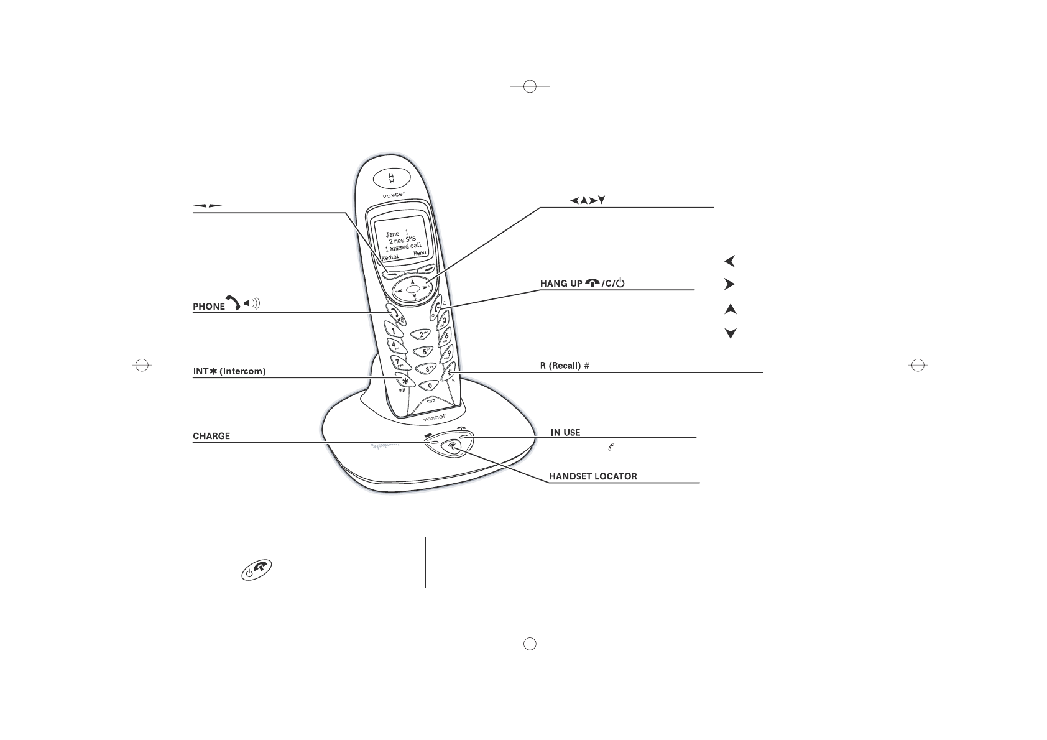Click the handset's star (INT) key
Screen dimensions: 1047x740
click(x=405, y=381)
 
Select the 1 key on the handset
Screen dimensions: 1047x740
click(x=394, y=331)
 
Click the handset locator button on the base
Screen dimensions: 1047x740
click(x=452, y=446)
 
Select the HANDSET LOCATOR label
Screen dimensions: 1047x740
click(x=593, y=477)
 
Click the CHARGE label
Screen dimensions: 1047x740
click(x=211, y=436)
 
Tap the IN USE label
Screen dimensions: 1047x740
click(x=565, y=432)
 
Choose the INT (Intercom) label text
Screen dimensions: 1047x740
click(x=229, y=371)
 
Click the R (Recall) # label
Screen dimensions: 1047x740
click(x=564, y=366)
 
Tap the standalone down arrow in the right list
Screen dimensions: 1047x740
click(x=731, y=334)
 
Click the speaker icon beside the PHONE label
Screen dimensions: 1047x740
click(x=251, y=303)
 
